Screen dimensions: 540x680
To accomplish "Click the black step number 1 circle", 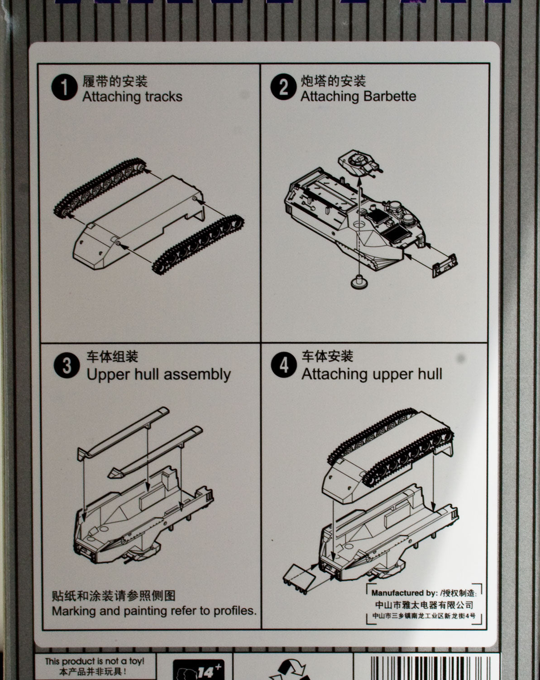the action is click(x=64, y=87).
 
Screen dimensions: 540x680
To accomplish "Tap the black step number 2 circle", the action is click(x=283, y=87).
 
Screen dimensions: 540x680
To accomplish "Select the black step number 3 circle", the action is click(x=67, y=365).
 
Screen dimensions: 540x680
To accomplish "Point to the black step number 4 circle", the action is click(x=284, y=364).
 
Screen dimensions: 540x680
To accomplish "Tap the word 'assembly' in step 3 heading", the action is click(x=197, y=375).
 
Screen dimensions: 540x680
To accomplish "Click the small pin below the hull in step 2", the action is click(x=359, y=281).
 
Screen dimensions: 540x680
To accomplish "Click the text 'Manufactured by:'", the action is click(x=404, y=593).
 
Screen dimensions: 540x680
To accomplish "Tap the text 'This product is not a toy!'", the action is click(x=95, y=661).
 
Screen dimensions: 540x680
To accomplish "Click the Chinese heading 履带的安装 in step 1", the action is click(x=115, y=81).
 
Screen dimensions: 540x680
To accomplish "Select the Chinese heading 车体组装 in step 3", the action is click(x=112, y=357).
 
